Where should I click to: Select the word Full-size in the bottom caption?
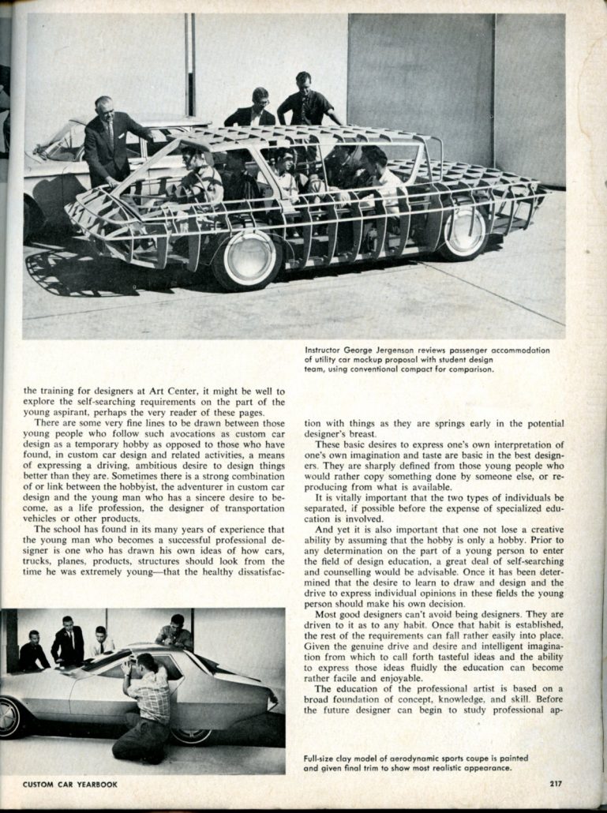(322, 759)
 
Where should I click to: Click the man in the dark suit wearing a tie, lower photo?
(68, 641)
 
